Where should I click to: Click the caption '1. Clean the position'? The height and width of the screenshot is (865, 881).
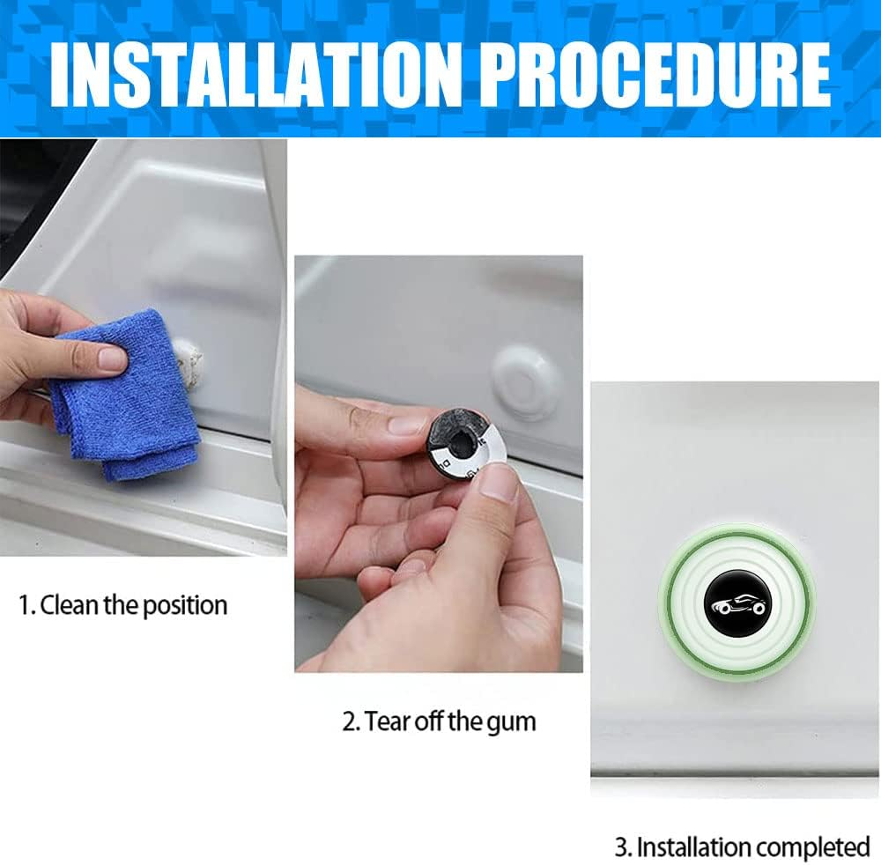[123, 606]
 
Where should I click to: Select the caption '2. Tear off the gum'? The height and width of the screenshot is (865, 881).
[439, 722]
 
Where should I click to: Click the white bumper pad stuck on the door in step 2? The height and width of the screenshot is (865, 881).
[527, 380]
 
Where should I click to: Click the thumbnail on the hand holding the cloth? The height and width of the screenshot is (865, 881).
[112, 358]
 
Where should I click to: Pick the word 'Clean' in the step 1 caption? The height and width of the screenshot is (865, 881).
[67, 606]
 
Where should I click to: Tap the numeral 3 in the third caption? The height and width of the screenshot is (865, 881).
[621, 847]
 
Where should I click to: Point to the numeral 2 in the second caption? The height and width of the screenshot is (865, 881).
[349, 722]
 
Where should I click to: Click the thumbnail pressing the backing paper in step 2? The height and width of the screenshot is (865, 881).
[499, 483]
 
